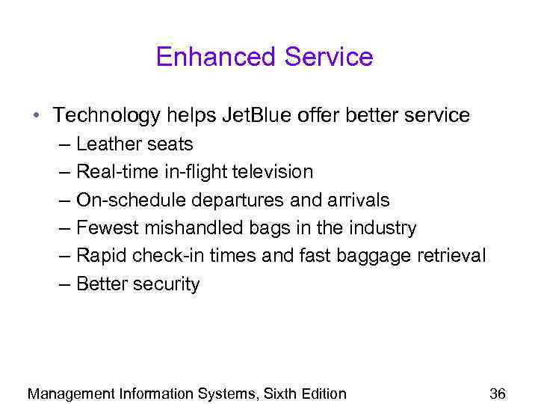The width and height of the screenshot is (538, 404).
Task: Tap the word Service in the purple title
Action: [x=326, y=57]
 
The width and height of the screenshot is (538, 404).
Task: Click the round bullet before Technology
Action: [x=37, y=116]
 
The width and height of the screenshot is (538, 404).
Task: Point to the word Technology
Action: [x=107, y=116]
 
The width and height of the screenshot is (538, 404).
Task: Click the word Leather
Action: [x=109, y=144]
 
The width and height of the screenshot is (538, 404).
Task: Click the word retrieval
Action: [x=451, y=257]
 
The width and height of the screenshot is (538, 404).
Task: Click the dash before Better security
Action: [x=64, y=284]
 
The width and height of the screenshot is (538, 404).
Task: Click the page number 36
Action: [x=498, y=394]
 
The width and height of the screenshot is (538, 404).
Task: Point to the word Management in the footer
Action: [x=71, y=394]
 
